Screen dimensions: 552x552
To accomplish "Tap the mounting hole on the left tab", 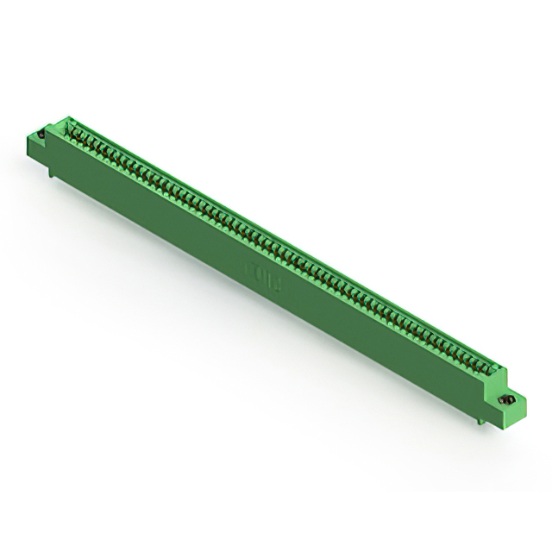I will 41,135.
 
